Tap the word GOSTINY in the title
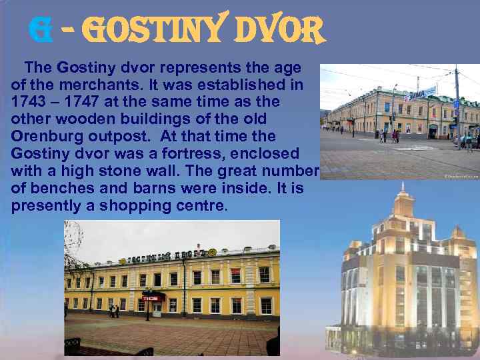click(x=149, y=30)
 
